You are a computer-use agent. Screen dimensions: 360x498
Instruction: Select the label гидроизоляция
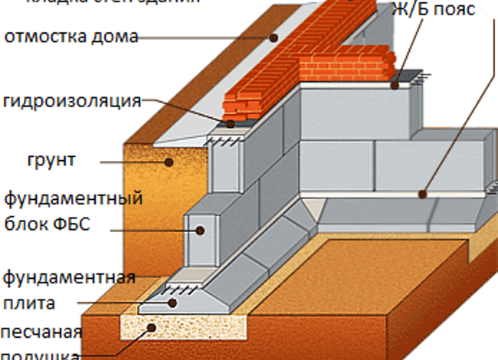pyautogui.click(x=73, y=101)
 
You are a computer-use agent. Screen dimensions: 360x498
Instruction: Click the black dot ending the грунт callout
pyautogui.click(x=170, y=161)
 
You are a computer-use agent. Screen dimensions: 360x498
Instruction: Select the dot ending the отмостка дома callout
pyautogui.click(x=274, y=36)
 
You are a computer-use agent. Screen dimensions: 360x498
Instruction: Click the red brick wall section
pyautogui.click(x=306, y=61)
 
